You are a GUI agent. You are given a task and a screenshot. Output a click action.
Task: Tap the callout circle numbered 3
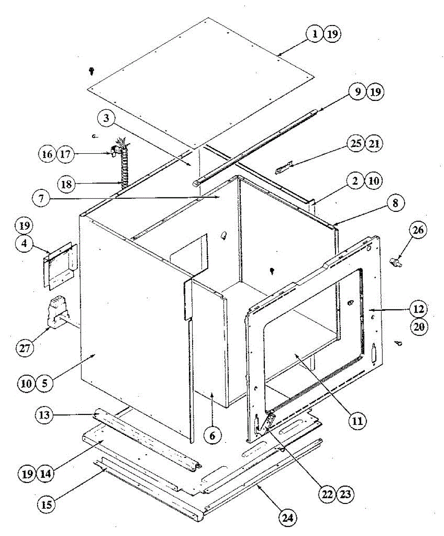(x=106, y=119)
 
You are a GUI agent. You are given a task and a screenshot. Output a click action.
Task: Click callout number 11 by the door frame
(x=358, y=420)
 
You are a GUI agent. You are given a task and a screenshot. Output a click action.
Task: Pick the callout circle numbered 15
(x=46, y=505)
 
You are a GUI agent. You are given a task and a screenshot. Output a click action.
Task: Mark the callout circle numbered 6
(x=212, y=436)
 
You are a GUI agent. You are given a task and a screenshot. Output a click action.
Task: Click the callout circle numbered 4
(x=25, y=244)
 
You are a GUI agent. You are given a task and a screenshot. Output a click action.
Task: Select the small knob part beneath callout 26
(x=396, y=263)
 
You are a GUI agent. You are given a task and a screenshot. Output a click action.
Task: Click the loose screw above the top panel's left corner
(x=92, y=70)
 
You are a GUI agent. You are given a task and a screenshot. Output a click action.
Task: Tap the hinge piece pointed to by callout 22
(x=268, y=422)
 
